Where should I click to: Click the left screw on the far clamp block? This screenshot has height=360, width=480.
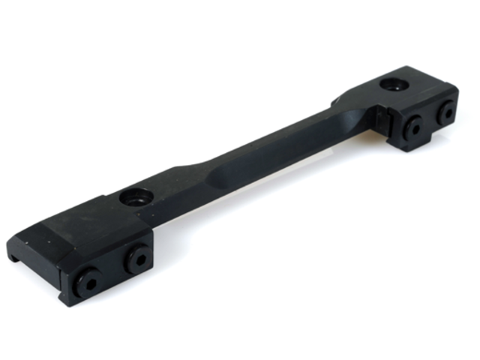[x=412, y=127]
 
